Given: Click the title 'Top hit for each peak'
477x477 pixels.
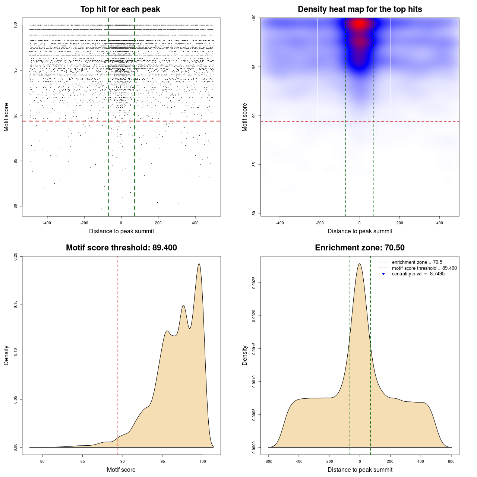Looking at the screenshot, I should coord(120,9).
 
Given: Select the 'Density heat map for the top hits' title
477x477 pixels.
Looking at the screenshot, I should coord(360,9).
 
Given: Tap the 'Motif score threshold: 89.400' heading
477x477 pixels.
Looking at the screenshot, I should coord(121,248).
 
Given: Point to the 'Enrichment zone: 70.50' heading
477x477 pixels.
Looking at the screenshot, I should coord(360,248).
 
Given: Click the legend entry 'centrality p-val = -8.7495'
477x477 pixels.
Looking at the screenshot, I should coord(418,274).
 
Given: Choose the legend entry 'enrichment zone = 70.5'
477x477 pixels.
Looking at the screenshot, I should coord(417,262).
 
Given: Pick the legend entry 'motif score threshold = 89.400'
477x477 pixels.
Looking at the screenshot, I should coord(424,268).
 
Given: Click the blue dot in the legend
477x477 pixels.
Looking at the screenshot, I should coord(383,274).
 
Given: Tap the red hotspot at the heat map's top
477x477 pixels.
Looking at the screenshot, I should coord(359,24).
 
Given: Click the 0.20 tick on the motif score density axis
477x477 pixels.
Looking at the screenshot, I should coord(15,256).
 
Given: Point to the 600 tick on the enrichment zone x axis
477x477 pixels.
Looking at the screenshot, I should coord(451,461).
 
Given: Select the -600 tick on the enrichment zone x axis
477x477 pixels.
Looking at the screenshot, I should coord(268,461).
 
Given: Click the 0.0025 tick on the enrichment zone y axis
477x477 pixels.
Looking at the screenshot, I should coord(254,283).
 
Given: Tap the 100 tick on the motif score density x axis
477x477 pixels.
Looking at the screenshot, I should coord(202,461).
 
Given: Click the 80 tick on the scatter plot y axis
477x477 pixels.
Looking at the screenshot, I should coord(15,206).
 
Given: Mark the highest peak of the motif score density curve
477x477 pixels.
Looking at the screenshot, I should coord(199,264).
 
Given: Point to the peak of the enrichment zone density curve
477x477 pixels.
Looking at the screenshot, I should coord(360,264).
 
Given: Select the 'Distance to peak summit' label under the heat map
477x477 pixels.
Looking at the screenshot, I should coord(360,231).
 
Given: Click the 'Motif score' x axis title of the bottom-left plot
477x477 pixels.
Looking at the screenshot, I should coord(121,470).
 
